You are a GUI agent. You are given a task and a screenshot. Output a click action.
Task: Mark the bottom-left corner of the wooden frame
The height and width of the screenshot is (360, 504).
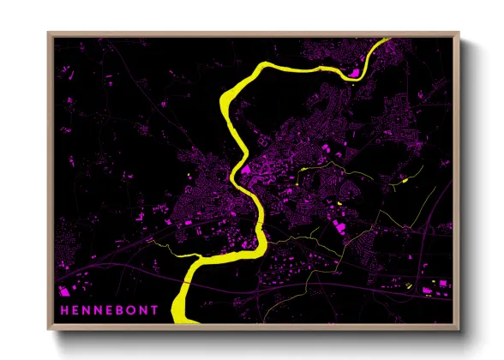[49, 329]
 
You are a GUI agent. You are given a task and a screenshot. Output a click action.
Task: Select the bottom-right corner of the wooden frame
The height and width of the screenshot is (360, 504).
[459, 329]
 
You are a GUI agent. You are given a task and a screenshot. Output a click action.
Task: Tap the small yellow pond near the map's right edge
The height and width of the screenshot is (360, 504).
[402, 181]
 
